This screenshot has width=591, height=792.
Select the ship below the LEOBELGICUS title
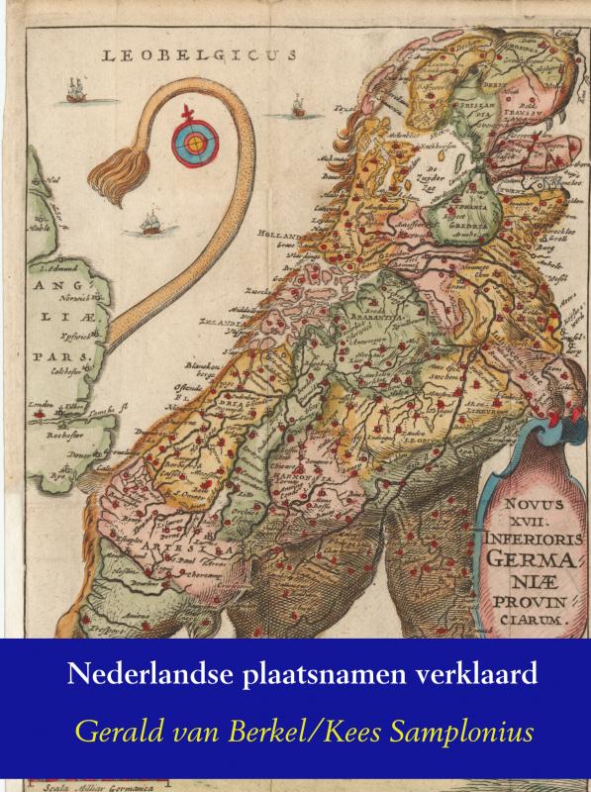(x=297, y=104)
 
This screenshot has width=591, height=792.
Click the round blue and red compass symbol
(x=194, y=143)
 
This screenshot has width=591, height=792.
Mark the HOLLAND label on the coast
(x=280, y=235)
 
